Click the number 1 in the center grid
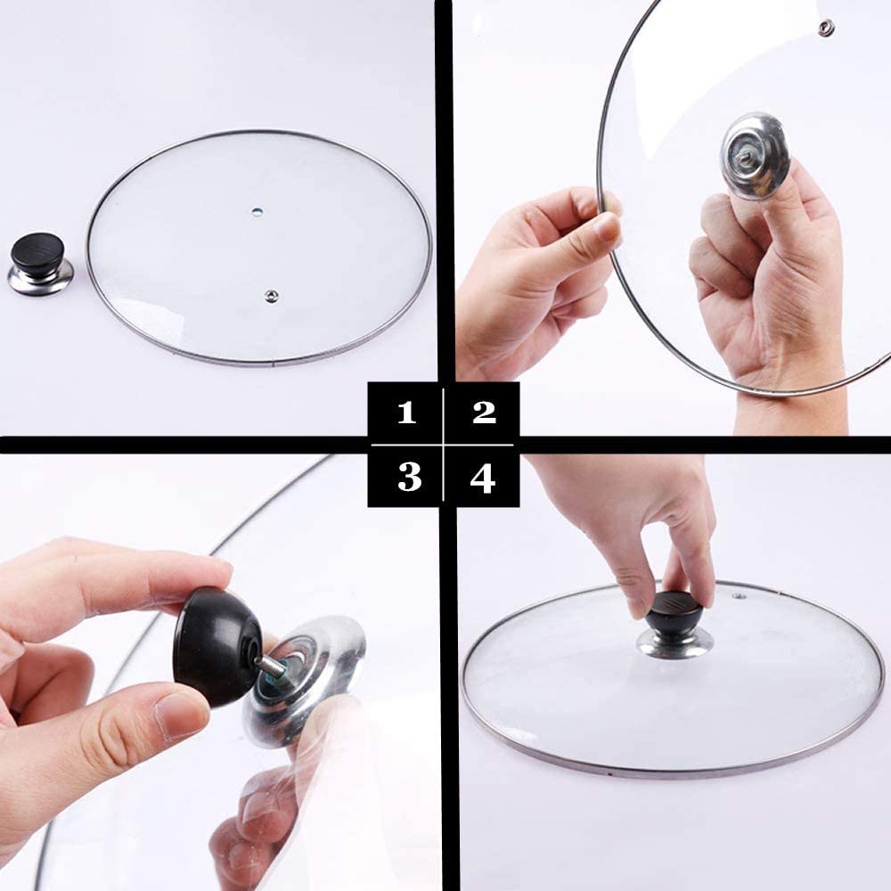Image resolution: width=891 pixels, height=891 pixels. [407, 413]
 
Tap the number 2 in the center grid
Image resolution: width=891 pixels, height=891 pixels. [484, 412]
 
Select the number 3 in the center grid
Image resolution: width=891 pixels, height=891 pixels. [408, 478]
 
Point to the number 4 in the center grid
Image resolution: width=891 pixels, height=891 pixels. [483, 478]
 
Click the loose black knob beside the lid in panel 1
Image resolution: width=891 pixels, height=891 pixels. [37, 252]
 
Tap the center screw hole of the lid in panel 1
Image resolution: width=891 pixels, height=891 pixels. [257, 211]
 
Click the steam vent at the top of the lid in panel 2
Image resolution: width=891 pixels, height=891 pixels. [825, 28]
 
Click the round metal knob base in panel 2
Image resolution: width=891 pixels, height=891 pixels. [755, 153]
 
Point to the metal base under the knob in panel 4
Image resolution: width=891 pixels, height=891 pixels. [674, 642]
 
